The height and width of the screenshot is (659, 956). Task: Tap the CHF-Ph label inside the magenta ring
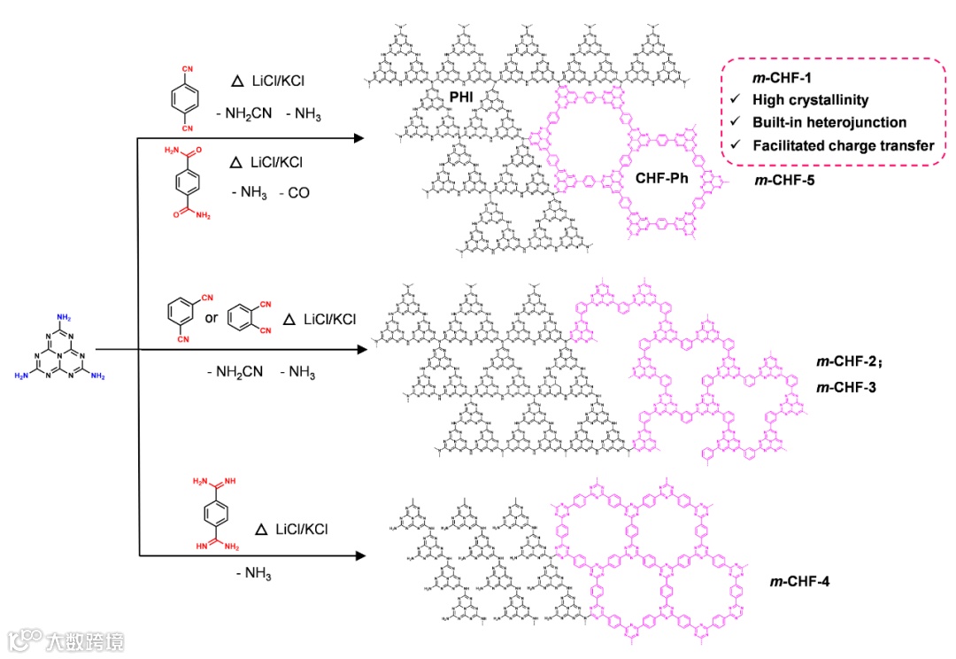tap(662, 178)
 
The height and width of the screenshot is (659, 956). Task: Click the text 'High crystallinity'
tap(810, 100)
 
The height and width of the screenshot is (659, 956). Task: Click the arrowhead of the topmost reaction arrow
tap(358, 138)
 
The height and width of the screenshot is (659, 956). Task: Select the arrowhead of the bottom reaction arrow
tap(358, 556)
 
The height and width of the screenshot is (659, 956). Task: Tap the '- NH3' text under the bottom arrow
tap(254, 574)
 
